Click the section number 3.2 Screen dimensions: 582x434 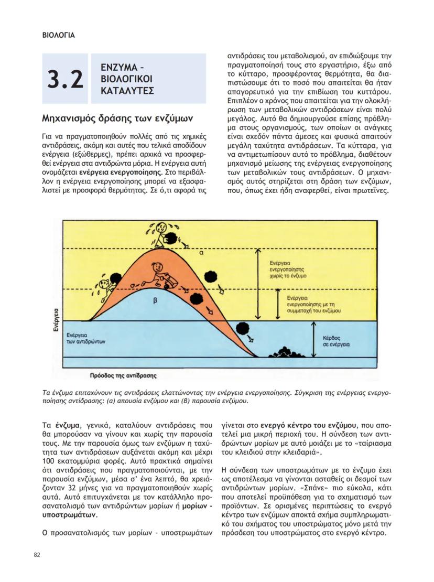click(x=66, y=79)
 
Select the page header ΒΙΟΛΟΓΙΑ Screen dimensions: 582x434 click(x=58, y=36)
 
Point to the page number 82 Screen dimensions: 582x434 click(x=37, y=555)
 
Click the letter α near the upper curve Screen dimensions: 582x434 click(x=201, y=252)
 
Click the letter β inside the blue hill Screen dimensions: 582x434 click(x=155, y=300)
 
